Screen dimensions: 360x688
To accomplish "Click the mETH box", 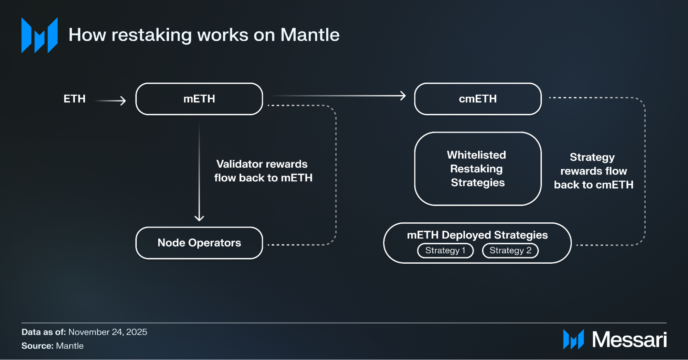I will (x=199, y=99).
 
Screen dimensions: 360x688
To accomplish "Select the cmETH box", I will (x=477, y=99).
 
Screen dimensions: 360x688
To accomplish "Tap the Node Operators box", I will (x=199, y=243).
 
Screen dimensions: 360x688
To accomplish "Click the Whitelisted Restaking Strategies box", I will (x=477, y=169).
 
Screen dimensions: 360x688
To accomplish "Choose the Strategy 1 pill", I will (x=445, y=251).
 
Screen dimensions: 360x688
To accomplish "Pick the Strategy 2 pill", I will (x=510, y=251).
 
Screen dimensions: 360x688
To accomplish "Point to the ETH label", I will (x=74, y=99).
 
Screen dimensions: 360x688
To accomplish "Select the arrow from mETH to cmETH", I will (x=337, y=96).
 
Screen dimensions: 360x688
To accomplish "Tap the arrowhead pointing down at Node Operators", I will (x=199, y=218).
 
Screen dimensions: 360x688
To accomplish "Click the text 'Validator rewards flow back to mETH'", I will (x=263, y=171).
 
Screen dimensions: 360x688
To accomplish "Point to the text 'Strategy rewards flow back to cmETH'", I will (x=593, y=171).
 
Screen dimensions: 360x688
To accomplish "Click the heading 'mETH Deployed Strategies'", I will (x=477, y=235).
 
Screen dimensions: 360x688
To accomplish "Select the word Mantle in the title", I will (x=310, y=35).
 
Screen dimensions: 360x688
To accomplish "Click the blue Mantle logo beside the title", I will (x=39, y=35).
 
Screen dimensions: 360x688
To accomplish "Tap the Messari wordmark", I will (x=629, y=340).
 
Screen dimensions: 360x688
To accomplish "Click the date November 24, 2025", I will (x=107, y=332).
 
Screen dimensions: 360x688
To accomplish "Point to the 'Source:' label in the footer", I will (x=37, y=346).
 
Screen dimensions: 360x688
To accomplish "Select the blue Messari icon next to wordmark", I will (x=573, y=339).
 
